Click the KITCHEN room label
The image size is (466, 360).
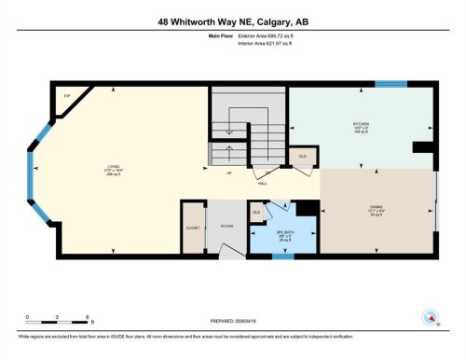(x=362, y=123)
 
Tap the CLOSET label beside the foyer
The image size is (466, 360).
(x=193, y=227)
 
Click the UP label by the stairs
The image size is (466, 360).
(x=229, y=173)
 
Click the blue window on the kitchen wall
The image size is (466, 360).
(x=391, y=84)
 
